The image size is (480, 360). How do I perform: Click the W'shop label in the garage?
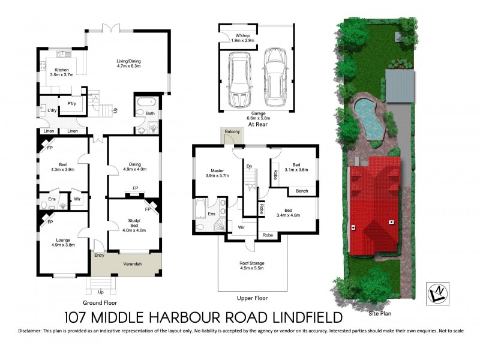pyautogui.click(x=243, y=37)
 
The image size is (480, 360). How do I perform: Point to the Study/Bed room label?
pyautogui.click(x=134, y=226)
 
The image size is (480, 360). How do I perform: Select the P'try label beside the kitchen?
pyautogui.click(x=72, y=104)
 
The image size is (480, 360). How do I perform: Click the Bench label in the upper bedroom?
pyautogui.click(x=302, y=191)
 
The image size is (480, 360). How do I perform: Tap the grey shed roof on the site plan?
pyautogui.click(x=400, y=86)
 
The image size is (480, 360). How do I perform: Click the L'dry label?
pyautogui.click(x=52, y=110)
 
